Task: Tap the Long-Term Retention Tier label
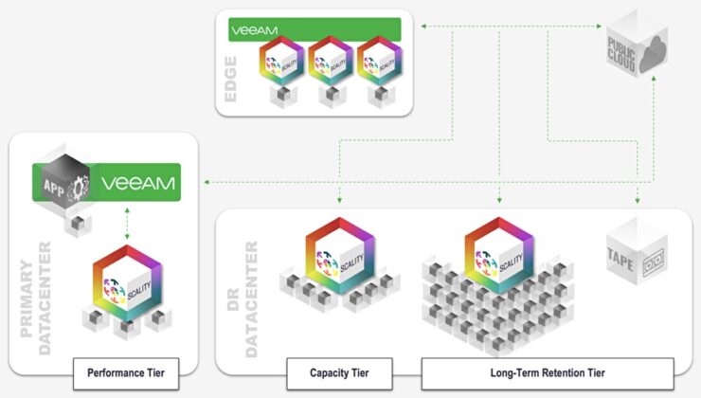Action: (x=547, y=372)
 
